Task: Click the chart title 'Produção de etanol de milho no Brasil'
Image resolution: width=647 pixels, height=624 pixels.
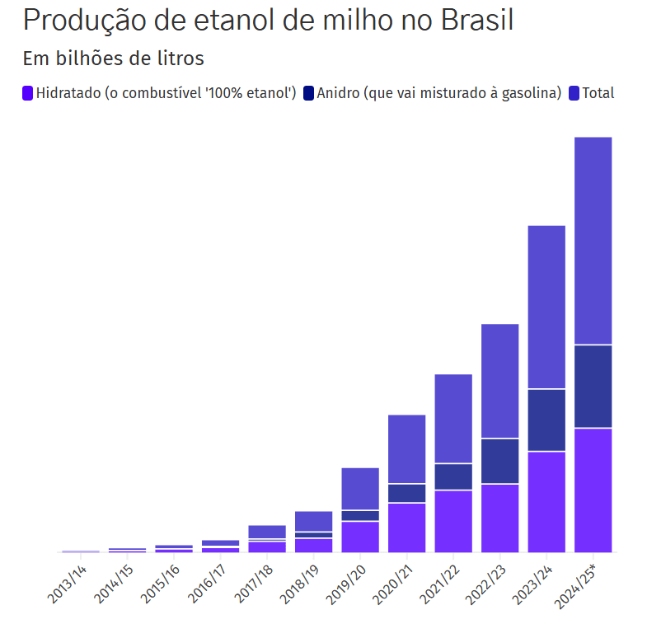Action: pos(268,21)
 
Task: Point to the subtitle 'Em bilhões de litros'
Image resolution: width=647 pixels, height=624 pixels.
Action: pos(113,59)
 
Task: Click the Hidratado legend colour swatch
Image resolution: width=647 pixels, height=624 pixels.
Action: pos(27,93)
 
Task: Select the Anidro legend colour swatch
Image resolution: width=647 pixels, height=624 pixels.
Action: pos(309,93)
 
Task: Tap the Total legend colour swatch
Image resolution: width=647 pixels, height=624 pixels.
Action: pos(574,93)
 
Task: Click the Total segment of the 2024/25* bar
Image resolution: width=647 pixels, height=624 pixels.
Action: pos(593,240)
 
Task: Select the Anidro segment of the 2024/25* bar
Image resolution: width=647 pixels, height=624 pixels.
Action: pos(593,386)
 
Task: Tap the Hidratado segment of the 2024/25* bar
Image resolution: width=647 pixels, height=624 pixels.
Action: pos(593,490)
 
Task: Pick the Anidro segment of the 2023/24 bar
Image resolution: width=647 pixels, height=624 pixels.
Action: pos(546,420)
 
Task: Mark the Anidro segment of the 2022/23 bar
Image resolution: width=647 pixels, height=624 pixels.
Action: pos(500,461)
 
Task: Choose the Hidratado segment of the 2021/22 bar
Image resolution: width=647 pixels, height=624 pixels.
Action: pos(453,521)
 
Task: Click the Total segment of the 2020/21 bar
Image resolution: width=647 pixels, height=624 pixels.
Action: pos(407,448)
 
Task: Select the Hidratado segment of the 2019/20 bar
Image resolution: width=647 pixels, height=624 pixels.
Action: pos(360,537)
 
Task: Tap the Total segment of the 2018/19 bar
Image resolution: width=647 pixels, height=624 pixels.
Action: pos(313,521)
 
